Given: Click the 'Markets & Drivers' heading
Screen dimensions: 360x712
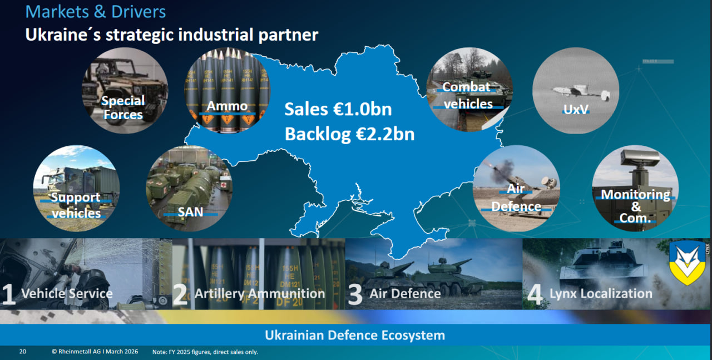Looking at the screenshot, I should click(x=95, y=11).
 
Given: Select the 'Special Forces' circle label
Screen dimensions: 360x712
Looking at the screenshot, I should click(x=123, y=107).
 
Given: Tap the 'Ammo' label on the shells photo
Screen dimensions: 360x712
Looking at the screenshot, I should click(x=227, y=106).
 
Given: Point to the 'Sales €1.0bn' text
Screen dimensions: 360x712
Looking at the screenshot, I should click(x=338, y=109).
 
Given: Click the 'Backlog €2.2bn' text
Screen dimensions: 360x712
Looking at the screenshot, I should click(x=349, y=134).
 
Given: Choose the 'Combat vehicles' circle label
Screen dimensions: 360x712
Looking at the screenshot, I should click(x=467, y=95).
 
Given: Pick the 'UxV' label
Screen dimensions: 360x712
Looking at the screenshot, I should click(x=575, y=109).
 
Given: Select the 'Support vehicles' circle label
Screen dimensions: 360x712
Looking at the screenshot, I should click(x=76, y=205).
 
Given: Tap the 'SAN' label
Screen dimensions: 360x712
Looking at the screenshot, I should click(x=190, y=211).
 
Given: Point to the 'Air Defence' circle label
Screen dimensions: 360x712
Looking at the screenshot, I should click(x=516, y=198).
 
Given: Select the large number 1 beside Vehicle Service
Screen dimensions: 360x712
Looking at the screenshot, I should click(x=8, y=295).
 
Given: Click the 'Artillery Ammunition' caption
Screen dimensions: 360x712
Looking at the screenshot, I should click(x=260, y=294).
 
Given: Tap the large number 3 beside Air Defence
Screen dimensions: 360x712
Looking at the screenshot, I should click(x=355, y=295).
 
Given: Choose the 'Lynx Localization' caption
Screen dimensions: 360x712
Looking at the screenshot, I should click(x=601, y=294).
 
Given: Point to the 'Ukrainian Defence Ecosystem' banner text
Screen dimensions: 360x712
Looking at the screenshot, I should click(x=355, y=336).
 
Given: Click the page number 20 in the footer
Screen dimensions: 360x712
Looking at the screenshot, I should click(x=23, y=352).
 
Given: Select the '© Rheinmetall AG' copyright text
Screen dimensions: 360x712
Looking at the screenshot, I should click(x=95, y=352).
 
